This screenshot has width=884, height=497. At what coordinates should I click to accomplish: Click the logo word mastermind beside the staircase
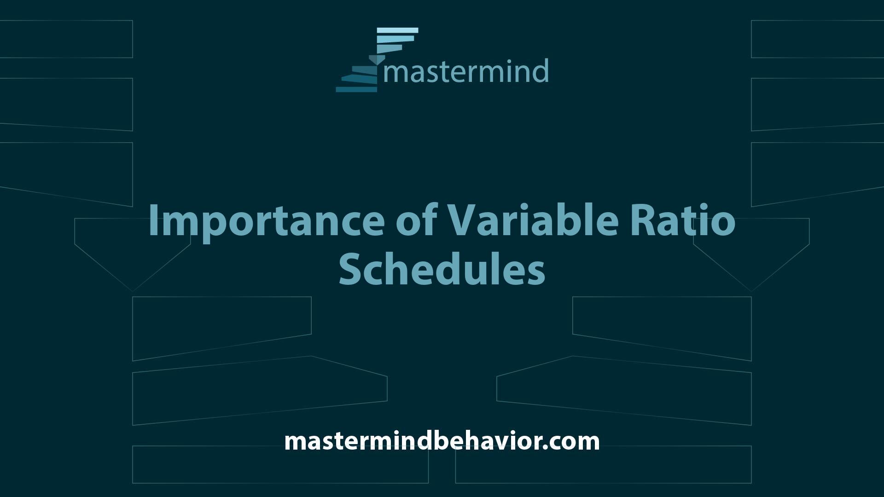[466, 71]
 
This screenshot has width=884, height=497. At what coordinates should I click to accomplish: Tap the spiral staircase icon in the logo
[377, 60]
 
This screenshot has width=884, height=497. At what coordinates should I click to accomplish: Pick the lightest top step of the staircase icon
[397, 30]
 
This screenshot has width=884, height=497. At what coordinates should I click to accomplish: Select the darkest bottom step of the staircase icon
[356, 89]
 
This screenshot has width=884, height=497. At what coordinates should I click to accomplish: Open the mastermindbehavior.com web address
[442, 441]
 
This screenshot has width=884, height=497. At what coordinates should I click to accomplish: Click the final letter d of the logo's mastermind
[541, 71]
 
